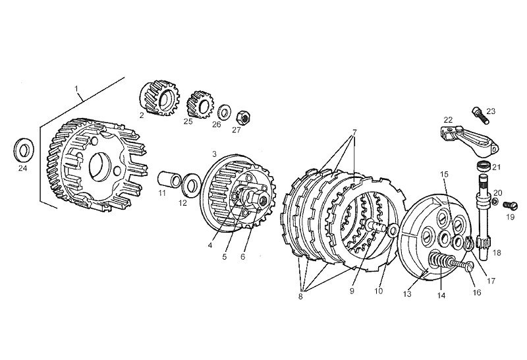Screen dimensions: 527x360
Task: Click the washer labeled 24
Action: tap(23, 150)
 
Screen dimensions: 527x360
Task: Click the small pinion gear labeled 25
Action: tap(198, 104)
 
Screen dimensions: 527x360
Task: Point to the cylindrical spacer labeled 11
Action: tap(169, 179)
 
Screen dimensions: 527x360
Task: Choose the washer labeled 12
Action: tap(191, 185)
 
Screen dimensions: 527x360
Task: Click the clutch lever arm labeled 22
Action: tap(469, 140)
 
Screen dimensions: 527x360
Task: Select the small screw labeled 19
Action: tap(510, 204)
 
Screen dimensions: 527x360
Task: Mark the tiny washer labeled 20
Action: tap(495, 202)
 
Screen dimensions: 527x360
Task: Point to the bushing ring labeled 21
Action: tap(484, 166)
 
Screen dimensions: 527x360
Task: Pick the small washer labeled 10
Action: tap(392, 231)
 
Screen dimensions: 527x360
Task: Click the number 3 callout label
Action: tap(215, 154)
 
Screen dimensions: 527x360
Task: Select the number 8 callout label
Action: tap(300, 297)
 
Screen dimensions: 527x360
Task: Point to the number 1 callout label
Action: tap(76, 88)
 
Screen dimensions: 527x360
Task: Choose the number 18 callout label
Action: tap(497, 253)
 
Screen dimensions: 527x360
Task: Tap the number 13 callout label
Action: tap(407, 294)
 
